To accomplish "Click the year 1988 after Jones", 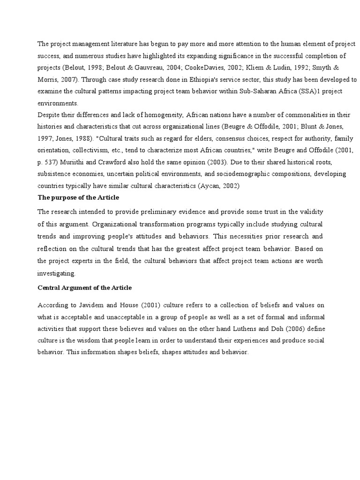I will click(86, 138).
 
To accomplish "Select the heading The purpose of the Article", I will click(78, 197).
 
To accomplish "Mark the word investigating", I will click(56, 273).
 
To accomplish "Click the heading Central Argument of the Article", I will click(84, 287).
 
